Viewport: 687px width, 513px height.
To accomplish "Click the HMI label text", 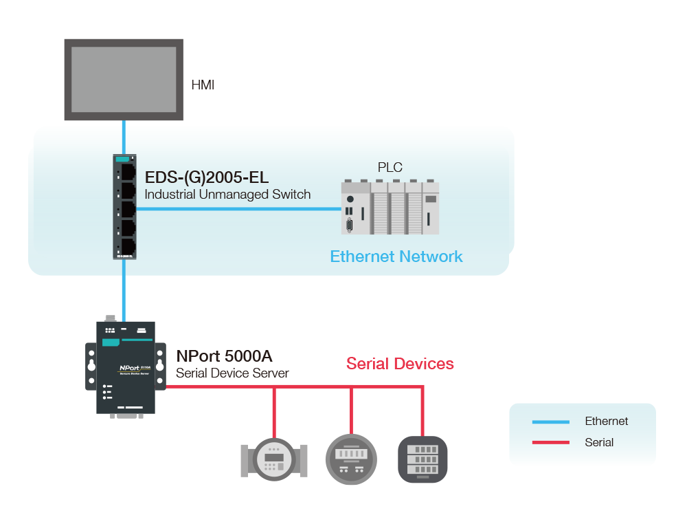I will click(x=203, y=85).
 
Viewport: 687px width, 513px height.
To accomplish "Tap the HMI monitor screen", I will click(x=124, y=79).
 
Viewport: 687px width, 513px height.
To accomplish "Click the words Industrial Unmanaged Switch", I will click(x=227, y=195).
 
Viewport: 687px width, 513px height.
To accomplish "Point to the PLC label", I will click(x=390, y=167).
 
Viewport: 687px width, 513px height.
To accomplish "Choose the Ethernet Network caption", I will click(x=396, y=256).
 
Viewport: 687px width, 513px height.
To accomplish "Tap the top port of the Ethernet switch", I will click(x=128, y=169).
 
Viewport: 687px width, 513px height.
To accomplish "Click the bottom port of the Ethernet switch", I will click(x=128, y=246).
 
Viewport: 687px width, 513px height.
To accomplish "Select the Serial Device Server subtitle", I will click(x=232, y=373).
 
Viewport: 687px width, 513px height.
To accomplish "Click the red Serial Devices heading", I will click(x=400, y=363).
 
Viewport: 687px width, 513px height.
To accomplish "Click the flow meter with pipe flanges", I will click(x=274, y=459).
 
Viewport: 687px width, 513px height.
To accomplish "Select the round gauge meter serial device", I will click(x=351, y=458).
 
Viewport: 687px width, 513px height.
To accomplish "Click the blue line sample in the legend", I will click(x=551, y=422).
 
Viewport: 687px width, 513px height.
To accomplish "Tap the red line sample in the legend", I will click(x=551, y=442).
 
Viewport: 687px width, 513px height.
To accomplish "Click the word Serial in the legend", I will click(x=599, y=442).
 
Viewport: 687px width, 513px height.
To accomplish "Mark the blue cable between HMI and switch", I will click(x=124, y=138).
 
